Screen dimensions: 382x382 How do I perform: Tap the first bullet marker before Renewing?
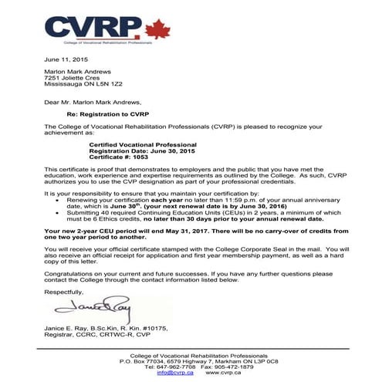point(60,198)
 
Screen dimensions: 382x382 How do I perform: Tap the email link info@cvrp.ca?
point(173,374)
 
